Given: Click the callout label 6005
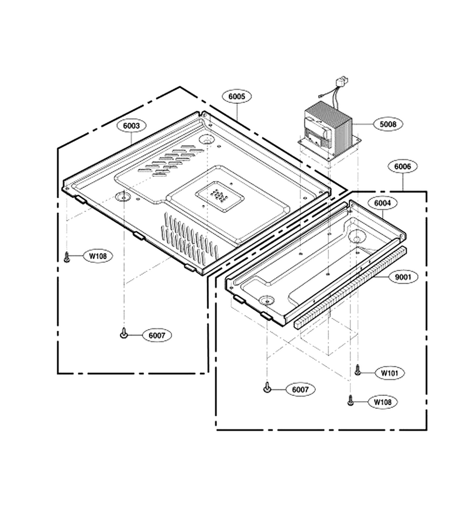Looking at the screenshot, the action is [237, 97].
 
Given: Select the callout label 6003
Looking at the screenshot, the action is [131, 126].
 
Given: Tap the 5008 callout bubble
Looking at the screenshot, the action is [388, 124].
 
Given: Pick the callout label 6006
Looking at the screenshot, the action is [402, 166].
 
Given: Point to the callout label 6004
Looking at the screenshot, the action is [383, 203].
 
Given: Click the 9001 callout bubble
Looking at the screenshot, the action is [402, 277].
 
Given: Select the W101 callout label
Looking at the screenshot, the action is [390, 373].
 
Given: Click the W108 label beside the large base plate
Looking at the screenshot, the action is [98, 256].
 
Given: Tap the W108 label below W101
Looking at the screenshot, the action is [383, 402].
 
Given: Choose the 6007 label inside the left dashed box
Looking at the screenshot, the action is [157, 335].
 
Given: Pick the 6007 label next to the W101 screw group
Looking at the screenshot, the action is [300, 389].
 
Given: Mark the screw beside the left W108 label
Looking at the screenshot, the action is [67, 257].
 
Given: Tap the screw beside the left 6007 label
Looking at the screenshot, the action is [124, 333].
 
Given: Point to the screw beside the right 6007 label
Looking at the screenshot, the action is [267, 387].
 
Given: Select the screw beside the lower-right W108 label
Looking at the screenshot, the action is [350, 400].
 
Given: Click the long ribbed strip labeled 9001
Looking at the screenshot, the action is [350, 287].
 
